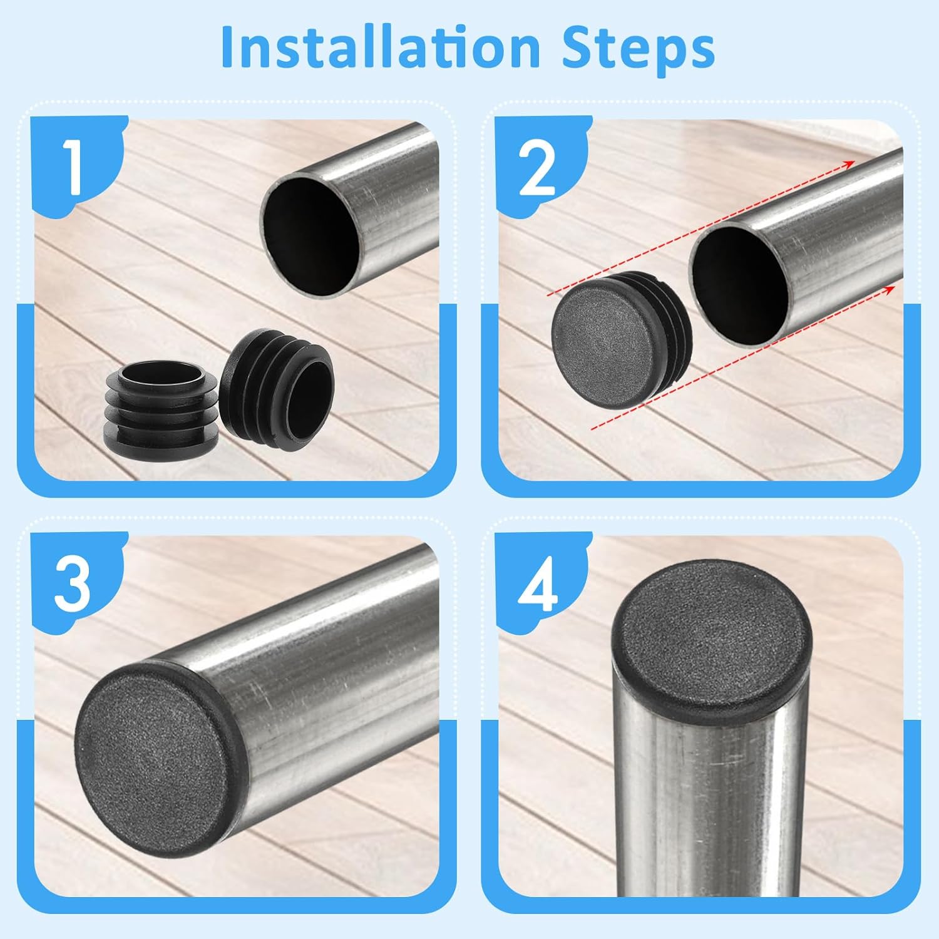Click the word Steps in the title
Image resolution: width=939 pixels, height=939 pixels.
[638, 47]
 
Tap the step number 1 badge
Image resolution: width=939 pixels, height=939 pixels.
[74, 167]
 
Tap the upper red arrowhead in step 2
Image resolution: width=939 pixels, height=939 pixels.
[849, 163]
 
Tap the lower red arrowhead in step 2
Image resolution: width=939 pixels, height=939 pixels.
[891, 287]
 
